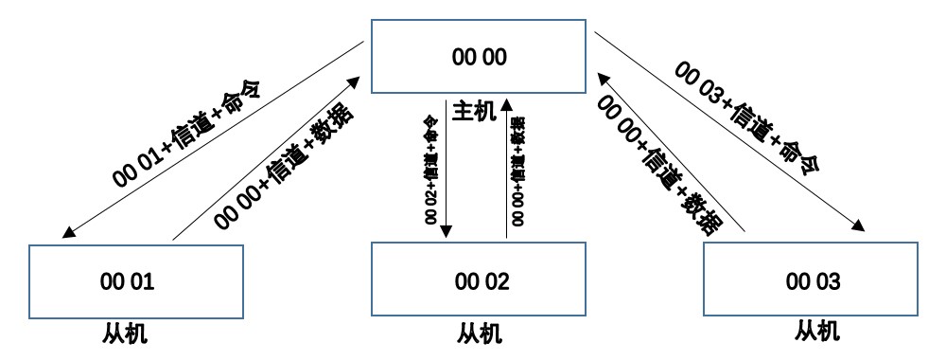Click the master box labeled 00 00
(480, 58)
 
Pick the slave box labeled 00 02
(482, 281)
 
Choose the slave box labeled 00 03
(813, 281)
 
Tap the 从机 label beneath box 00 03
(818, 332)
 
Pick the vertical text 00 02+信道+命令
(430, 169)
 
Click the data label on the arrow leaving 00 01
(285, 167)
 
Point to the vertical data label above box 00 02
(517, 171)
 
